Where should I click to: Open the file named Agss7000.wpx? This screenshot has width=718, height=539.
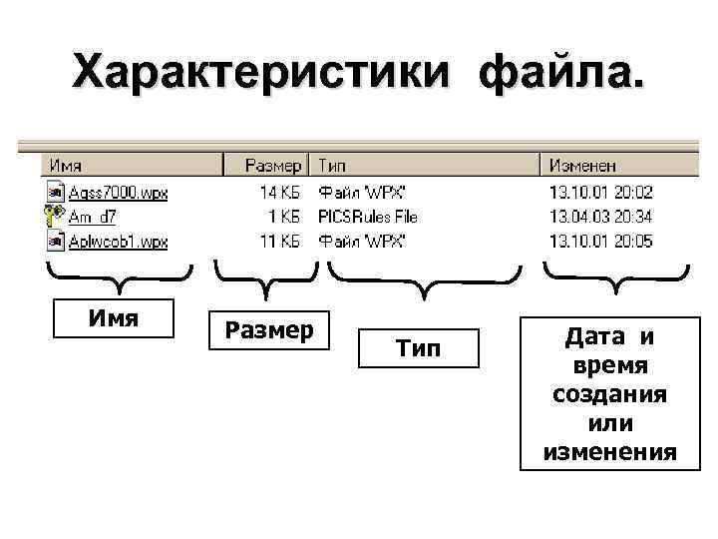point(118,192)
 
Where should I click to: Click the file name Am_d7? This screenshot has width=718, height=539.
point(93,216)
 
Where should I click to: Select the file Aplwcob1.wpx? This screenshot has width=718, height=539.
point(118,241)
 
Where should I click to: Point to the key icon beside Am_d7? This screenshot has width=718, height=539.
point(54,216)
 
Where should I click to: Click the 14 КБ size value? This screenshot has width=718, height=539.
point(279,192)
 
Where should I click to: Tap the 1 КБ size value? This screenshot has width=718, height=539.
point(284,216)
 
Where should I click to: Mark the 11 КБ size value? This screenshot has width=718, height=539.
point(279,241)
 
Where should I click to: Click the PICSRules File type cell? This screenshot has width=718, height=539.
point(367,216)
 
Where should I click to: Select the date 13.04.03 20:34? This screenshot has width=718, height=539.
point(600,216)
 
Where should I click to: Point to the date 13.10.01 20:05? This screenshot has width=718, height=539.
point(600,241)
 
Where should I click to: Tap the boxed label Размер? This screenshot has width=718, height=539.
point(266,329)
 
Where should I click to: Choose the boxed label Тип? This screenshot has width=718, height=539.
point(418,348)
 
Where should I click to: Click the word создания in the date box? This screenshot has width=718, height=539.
point(608,394)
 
